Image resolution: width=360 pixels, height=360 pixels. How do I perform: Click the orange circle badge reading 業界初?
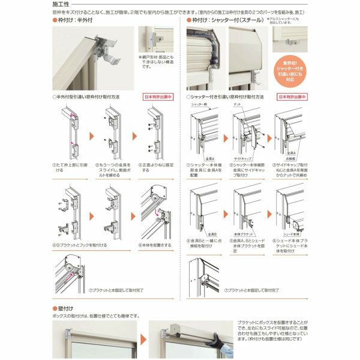pyautogui.click(x=290, y=70)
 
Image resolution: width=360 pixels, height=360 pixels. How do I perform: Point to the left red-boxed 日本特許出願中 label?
pyautogui.click(x=158, y=96)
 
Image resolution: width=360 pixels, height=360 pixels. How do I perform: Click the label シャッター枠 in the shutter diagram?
pyautogui.click(x=200, y=104)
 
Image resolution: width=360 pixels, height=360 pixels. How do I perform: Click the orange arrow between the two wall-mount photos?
pyautogui.click(x=143, y=340)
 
